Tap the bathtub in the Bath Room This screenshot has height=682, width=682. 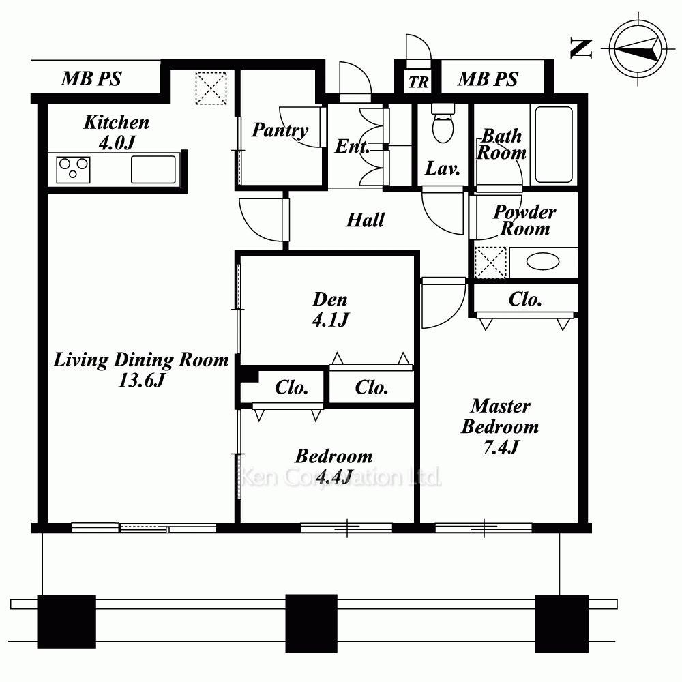coord(554,145)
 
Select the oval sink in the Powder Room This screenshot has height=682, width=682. coord(542,262)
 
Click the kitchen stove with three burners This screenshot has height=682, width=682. coord(73,170)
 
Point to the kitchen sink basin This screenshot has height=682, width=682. coord(153,170)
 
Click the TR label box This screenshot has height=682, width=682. coord(418,82)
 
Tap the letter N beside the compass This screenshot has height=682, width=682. coord(581,48)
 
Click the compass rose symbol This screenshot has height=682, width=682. coord(638,48)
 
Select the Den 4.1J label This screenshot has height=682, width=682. coord(331,309)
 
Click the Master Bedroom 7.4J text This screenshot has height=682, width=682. coord(500,426)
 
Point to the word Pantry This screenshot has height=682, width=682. coord(280,130)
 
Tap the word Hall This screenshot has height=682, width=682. coord(366,220)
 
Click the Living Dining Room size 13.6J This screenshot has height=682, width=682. coord(142,380)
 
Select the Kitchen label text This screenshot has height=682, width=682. coord(116,122)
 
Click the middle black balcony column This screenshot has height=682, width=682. coord(312,623)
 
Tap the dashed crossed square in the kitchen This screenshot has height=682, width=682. coord(211,88)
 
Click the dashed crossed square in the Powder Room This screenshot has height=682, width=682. coord(490,263)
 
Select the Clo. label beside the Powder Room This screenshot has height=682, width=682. coord(525,299)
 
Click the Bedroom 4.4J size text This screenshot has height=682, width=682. coord(334,477)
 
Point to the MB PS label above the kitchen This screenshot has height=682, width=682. coord(91,78)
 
